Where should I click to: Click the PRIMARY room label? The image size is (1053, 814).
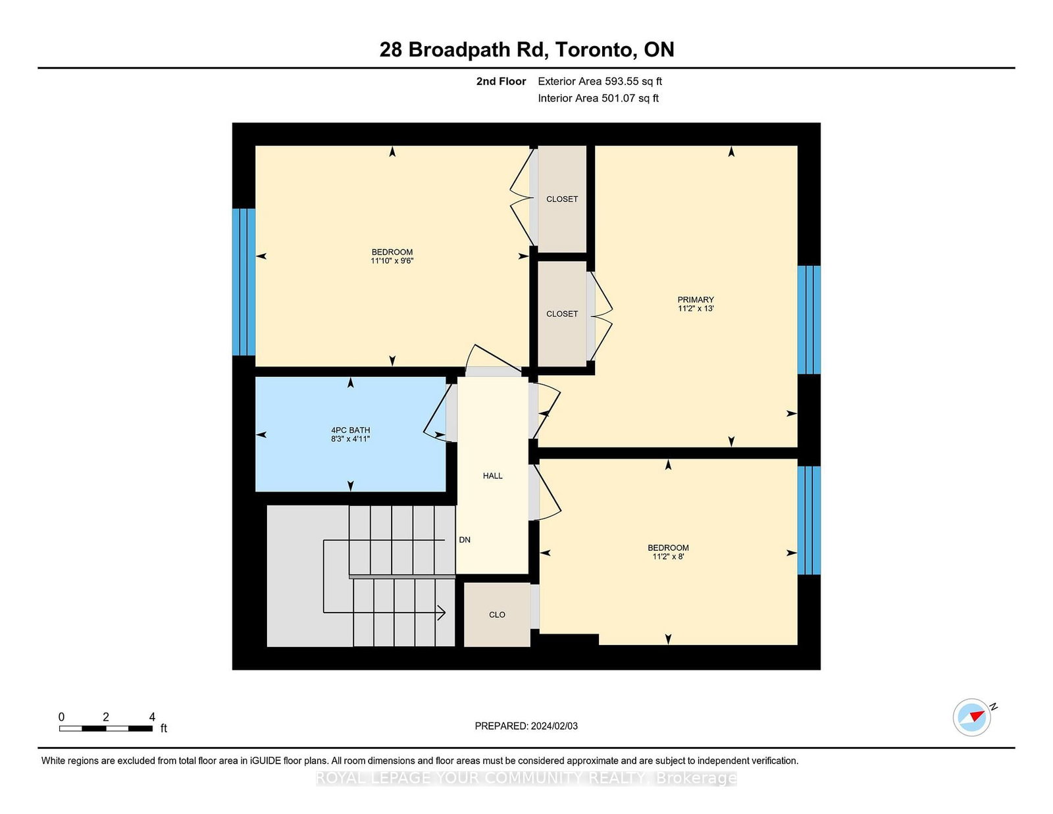696,299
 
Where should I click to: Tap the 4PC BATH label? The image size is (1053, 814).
350,430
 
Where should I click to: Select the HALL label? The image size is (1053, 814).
492,476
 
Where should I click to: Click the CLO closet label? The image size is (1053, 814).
497,615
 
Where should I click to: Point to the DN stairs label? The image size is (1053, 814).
464,540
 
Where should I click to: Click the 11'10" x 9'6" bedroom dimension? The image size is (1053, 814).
392,261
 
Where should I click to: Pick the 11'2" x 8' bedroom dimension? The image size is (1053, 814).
668,557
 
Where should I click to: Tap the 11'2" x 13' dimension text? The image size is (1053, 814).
696,308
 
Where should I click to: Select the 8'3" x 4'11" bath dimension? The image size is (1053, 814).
350,439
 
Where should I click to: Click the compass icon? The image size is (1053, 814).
971,717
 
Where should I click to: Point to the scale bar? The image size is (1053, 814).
106,728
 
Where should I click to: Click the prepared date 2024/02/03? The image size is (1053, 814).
554,726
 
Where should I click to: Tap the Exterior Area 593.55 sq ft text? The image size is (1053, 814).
600,82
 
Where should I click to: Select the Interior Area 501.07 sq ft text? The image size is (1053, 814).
598,98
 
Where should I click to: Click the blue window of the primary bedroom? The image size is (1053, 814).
809,320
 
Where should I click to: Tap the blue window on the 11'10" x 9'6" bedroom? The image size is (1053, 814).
244,282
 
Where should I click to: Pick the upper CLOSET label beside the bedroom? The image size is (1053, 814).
562,199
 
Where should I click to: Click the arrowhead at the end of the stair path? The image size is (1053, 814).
442,613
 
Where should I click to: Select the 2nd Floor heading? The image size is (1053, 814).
501,82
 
